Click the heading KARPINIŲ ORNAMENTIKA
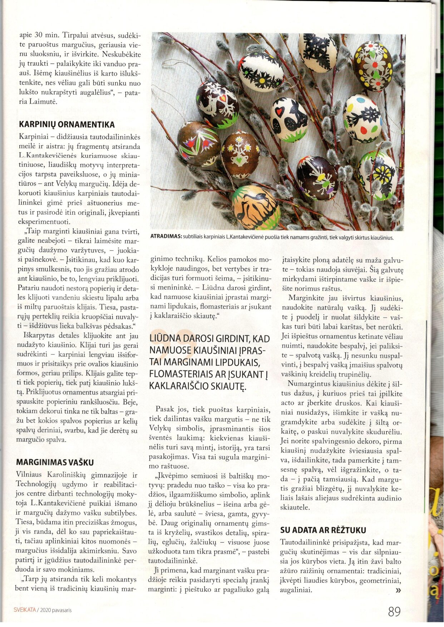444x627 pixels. pos(67,125)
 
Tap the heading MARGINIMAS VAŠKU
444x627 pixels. pos(55,462)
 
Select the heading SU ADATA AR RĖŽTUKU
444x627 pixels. pos(323,530)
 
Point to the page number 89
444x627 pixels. pos(394,612)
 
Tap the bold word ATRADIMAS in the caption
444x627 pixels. pos(166,237)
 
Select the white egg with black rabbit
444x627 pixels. pos(288,120)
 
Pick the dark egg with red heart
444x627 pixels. pos(217,104)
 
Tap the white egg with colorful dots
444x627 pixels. pos(362,118)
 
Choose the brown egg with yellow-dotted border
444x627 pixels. pos(373,66)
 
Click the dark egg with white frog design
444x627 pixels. pos(317,178)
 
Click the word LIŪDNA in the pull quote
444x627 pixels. pos(167,338)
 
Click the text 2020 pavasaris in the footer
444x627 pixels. pos(56,610)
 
